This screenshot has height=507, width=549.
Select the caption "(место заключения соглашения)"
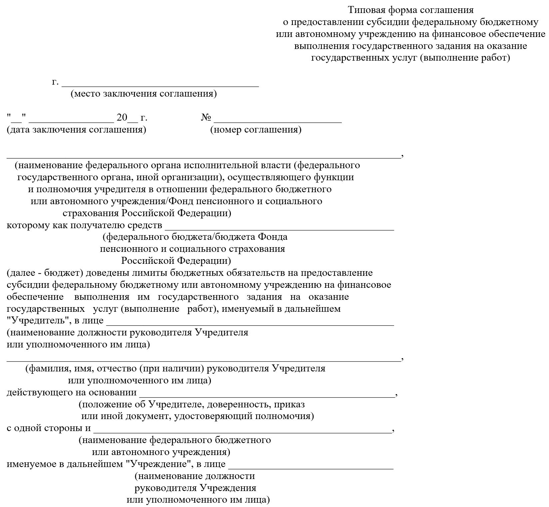tap(144, 94)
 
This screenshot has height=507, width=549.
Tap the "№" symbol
tap(206, 118)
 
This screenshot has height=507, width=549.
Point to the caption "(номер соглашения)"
tap(256, 130)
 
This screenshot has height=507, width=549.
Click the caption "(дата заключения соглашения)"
tap(76, 130)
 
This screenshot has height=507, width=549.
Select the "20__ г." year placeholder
tap(132, 118)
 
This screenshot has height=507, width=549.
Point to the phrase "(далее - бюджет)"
tap(45, 273)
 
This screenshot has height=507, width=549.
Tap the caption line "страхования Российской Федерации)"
tap(147, 213)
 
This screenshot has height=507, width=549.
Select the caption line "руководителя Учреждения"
tap(195, 488)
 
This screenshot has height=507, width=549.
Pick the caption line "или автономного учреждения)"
tap(161, 452)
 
